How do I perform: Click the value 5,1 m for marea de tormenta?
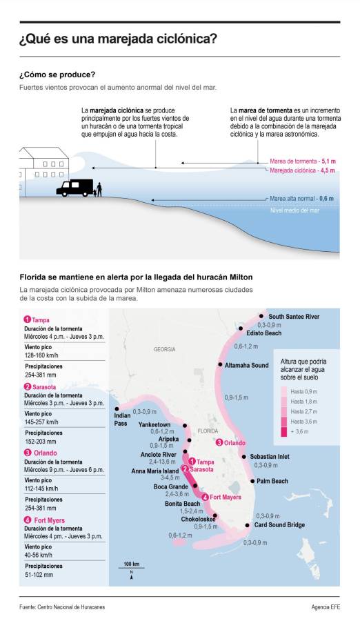pyautogui.click(x=328, y=159)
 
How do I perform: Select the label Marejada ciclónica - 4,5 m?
pyautogui.click(x=302, y=170)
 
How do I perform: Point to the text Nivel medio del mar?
pyautogui.click(x=296, y=210)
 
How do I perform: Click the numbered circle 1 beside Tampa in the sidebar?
pyautogui.click(x=27, y=319)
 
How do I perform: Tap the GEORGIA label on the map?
pyautogui.click(x=165, y=349)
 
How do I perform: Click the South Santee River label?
pyautogui.click(x=294, y=316)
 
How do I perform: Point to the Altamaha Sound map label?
pyautogui.click(x=246, y=364)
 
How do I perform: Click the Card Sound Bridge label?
pyautogui.click(x=299, y=525)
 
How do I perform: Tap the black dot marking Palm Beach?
pyautogui.click(x=252, y=481)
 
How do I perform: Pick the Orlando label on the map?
pyautogui.click(x=234, y=442)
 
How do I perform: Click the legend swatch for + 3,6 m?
pyautogui.click(x=283, y=432)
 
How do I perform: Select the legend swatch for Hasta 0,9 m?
pyautogui.click(x=283, y=391)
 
